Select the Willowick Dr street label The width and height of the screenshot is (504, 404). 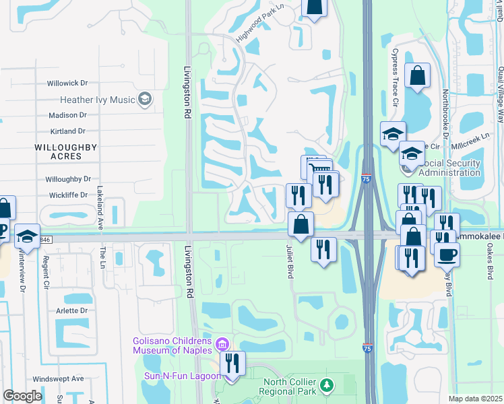(x=67, y=83)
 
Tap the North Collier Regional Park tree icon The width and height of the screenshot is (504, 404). (x=327, y=385)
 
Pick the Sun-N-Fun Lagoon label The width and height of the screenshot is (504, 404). (x=182, y=376)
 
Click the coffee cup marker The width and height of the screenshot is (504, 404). (x=447, y=255)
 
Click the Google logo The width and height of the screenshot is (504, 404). (x=22, y=395)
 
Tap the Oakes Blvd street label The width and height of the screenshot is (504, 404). (x=490, y=263)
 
